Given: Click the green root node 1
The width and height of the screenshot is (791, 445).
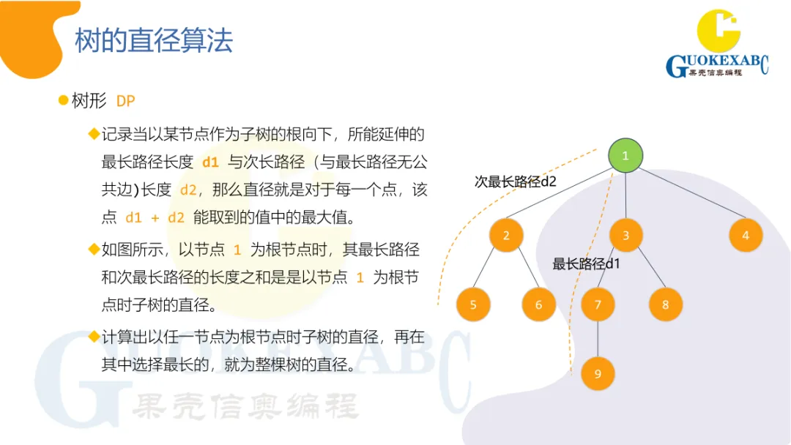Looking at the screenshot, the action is click(625, 156).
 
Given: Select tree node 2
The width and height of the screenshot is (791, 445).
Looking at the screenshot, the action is click(506, 236).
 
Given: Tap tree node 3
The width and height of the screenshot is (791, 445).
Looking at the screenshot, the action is click(625, 236).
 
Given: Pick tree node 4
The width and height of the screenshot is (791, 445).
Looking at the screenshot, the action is click(746, 236).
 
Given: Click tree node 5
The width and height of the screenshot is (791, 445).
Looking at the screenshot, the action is click(473, 304).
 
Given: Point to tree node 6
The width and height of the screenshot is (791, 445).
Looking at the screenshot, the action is click(539, 304).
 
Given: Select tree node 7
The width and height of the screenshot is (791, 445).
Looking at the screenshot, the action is click(598, 304).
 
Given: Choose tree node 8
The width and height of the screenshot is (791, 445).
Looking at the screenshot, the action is click(665, 304).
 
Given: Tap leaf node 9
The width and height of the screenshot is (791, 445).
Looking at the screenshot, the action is click(598, 373).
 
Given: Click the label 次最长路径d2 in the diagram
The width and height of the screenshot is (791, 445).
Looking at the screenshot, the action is click(515, 182).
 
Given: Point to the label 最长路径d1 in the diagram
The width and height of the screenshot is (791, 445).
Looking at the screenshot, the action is click(586, 263).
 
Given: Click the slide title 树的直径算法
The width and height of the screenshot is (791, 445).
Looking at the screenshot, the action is click(154, 40).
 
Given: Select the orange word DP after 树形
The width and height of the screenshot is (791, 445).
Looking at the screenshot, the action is click(126, 101).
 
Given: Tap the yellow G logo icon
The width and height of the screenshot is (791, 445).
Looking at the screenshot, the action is click(718, 29).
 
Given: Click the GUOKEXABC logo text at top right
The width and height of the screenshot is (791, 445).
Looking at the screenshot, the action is click(717, 66).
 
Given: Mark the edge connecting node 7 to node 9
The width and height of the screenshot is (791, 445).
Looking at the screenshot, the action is click(598, 339).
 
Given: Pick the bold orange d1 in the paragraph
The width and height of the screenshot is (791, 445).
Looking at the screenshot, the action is click(210, 162).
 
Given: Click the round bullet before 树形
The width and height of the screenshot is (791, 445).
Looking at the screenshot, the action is click(64, 100).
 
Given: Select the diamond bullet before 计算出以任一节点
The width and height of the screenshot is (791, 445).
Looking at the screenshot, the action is click(94, 337).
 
